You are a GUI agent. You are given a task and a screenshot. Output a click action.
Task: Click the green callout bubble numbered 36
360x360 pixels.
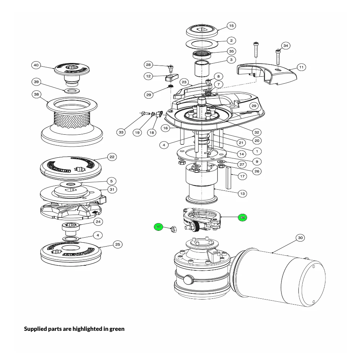(242, 217)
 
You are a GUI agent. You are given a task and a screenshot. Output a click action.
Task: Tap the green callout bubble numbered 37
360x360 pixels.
(159, 227)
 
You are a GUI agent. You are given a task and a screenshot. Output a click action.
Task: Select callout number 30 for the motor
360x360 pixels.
(301, 238)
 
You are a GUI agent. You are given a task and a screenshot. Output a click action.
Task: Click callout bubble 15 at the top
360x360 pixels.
(231, 26)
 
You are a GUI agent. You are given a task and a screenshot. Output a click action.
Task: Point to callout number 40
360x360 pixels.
(36, 65)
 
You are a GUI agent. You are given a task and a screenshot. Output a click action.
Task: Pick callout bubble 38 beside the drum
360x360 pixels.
(36, 95)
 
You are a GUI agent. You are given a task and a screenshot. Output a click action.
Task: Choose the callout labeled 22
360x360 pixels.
(112, 157)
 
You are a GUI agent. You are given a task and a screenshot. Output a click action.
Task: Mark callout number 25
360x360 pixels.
(117, 244)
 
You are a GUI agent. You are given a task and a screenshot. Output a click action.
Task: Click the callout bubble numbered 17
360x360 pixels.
(242, 176)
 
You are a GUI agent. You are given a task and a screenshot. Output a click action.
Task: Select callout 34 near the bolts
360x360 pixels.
(285, 46)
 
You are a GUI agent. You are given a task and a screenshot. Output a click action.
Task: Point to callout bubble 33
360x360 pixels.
(121, 132)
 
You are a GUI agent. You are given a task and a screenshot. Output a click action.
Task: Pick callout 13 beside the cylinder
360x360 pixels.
(242, 194)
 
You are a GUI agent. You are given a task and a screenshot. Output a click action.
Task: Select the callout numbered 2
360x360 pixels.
(231, 41)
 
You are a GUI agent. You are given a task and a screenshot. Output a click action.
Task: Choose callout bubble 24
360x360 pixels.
(98, 221)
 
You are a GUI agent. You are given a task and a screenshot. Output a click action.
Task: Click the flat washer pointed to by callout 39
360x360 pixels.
(72, 90)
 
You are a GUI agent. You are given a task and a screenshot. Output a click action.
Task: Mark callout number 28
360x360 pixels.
(148, 65)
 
